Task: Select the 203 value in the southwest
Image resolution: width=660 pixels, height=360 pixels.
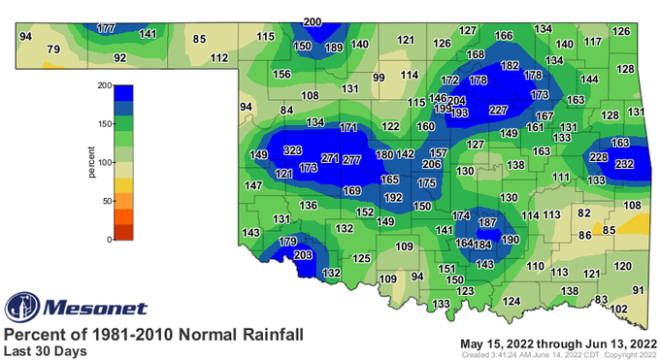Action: [x=303, y=255]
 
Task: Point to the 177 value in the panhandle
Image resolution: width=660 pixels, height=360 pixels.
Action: [x=107, y=29]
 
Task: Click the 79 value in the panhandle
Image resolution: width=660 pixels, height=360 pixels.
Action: [x=53, y=49]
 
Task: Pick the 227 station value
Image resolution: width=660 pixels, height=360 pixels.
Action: [x=499, y=110]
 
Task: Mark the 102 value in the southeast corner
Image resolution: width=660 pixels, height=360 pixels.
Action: [x=618, y=308]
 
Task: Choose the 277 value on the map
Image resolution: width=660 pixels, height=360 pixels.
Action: [x=352, y=159]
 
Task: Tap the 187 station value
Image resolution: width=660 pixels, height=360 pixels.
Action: [x=487, y=223]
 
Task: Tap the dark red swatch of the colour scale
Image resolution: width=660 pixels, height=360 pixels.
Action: [x=123, y=232]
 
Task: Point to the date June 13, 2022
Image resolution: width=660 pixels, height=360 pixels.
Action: [x=611, y=342]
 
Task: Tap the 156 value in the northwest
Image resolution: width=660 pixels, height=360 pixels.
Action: [x=281, y=75]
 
